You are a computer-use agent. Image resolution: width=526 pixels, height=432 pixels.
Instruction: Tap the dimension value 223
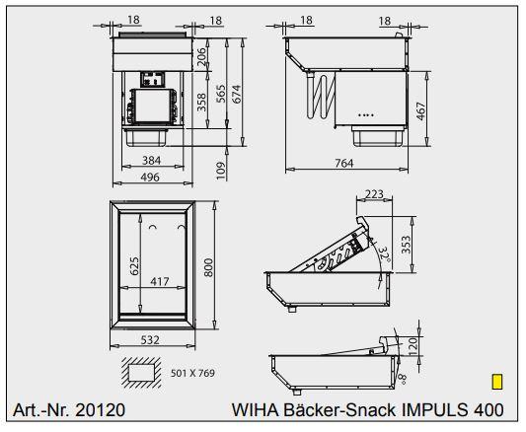pos(373,195)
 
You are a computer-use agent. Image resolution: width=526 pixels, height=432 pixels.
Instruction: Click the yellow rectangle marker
pos(497,381)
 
